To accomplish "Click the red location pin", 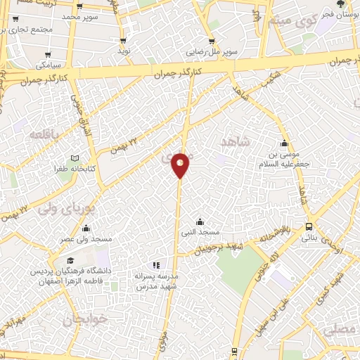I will pyautogui.click(x=180, y=165).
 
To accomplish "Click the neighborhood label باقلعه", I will pyautogui.click(x=46, y=133).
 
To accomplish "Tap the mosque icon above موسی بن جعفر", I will pyautogui.click(x=284, y=141).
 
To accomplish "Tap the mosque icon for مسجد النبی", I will pyautogui.click(x=200, y=221).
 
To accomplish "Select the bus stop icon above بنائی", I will pyautogui.click(x=309, y=226).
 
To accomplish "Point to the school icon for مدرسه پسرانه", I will pyautogui.click(x=156, y=265).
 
